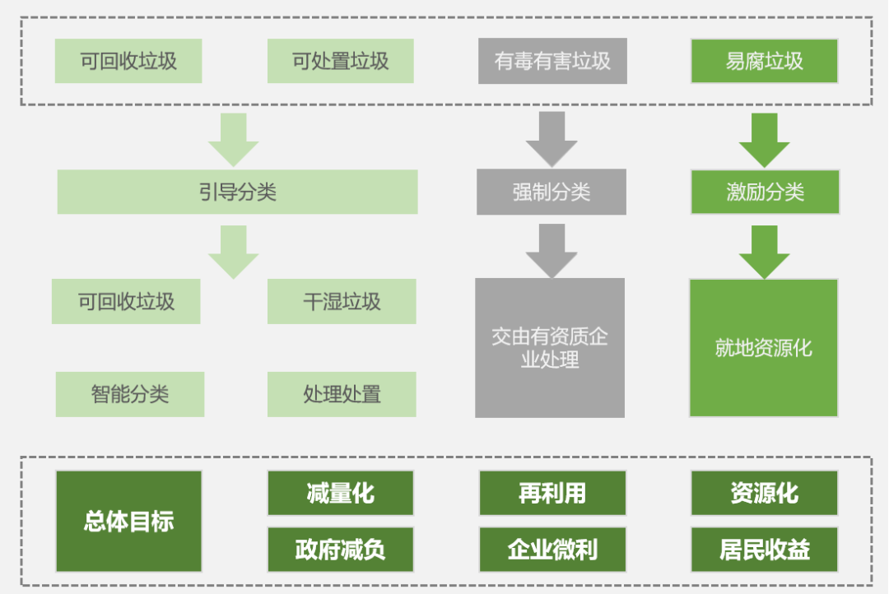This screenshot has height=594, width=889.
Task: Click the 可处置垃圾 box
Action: coord(341,61)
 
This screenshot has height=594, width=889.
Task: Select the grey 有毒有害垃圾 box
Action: coord(552,61)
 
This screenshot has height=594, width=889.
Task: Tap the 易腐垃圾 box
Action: coord(764,61)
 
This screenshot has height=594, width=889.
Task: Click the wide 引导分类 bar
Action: coord(237,192)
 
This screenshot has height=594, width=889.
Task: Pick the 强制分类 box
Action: coord(552,192)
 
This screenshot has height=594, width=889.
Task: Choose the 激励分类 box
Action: coord(765,192)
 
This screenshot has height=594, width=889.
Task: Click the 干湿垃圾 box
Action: coord(342,301)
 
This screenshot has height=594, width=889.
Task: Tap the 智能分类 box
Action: coord(130,393)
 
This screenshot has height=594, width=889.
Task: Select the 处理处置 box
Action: coord(342,393)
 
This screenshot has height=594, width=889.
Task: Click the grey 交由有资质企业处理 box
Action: coord(550,347)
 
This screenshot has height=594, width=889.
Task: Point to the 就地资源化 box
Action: coord(764,347)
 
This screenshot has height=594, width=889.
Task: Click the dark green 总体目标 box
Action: coord(128,521)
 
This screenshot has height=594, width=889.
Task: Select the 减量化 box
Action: coord(341,493)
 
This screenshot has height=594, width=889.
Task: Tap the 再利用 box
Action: coord(552,493)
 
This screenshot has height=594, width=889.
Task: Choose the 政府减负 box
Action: coord(341,550)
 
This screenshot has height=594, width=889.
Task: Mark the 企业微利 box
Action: coord(552,550)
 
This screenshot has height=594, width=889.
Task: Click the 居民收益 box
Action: coord(765,550)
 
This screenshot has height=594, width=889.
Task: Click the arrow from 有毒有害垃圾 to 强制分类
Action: coord(552,138)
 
